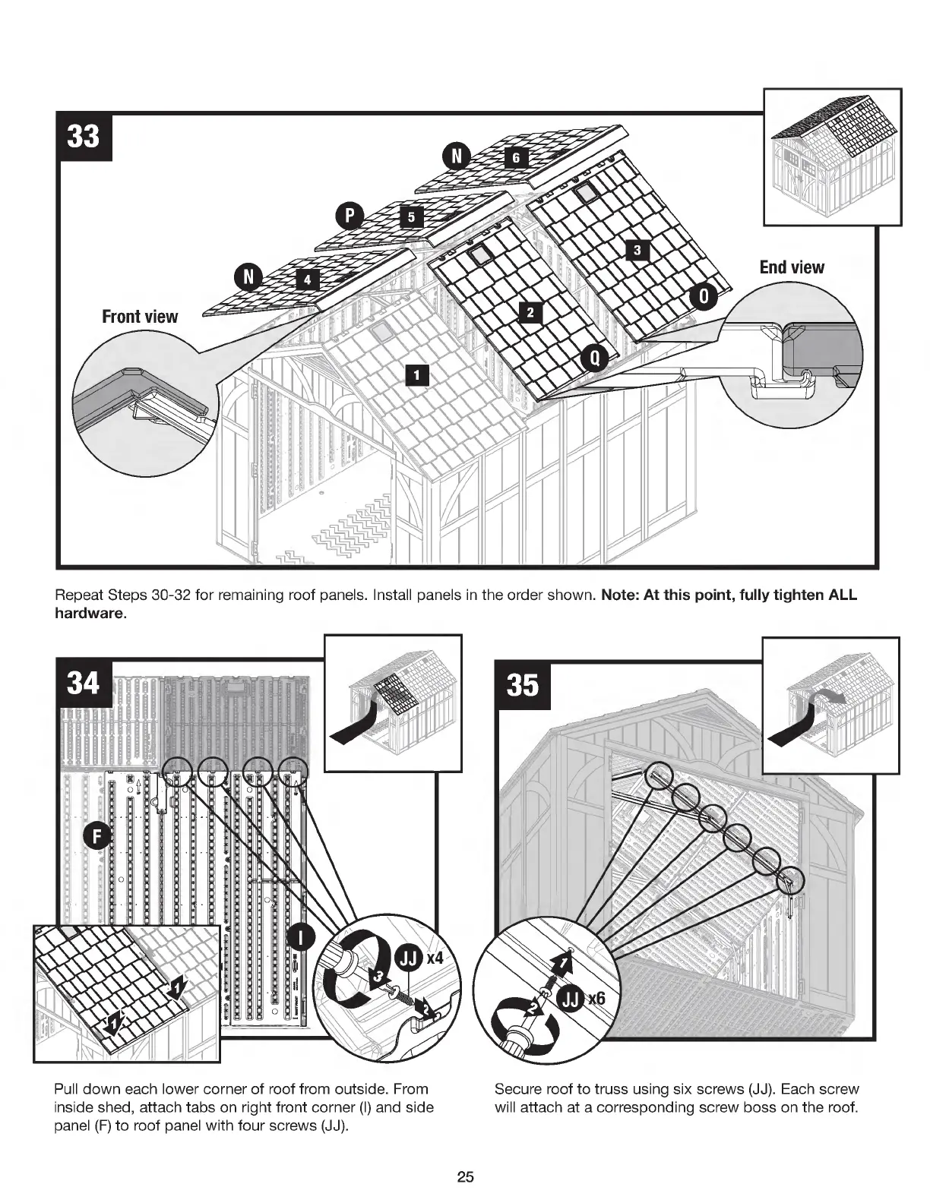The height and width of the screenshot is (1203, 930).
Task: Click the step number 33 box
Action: pos(84,137)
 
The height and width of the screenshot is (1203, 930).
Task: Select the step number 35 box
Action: pos(523,685)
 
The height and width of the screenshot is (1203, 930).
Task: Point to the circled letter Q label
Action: pos(595,358)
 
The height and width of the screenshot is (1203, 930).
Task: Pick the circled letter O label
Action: pos(703,298)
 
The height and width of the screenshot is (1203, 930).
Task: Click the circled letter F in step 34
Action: pos(96,837)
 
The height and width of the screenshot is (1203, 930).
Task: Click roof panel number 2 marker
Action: pos(530,312)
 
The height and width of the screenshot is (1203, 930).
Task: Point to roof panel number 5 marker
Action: pos(410,217)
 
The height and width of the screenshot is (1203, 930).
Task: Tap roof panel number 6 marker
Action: pos(515,157)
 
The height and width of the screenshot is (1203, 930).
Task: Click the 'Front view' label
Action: pos(140,317)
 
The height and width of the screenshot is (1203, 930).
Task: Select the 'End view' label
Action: pos(791,267)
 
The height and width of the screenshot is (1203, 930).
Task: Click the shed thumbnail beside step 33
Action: pos(832,156)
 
